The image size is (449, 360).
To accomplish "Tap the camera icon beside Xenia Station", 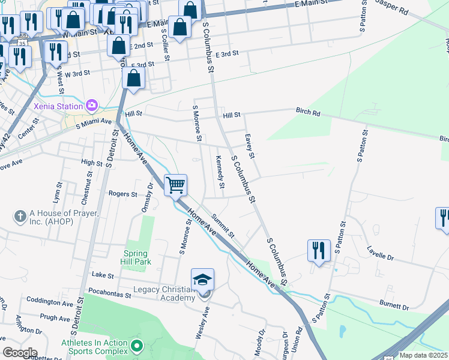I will (92, 106).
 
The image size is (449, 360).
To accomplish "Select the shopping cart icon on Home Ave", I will (175, 185).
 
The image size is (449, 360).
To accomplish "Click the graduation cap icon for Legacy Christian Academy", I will (202, 280).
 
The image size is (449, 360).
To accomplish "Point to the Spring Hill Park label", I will (137, 257).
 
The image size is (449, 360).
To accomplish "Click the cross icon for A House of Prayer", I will (20, 215).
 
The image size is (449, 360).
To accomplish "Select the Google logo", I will (19, 353).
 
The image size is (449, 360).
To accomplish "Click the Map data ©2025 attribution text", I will (423, 355).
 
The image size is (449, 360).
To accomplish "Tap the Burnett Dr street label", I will (394, 307).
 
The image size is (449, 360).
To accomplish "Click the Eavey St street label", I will (250, 147).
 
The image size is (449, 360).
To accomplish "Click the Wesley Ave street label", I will (202, 323).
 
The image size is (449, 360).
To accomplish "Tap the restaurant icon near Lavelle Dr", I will (319, 251).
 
